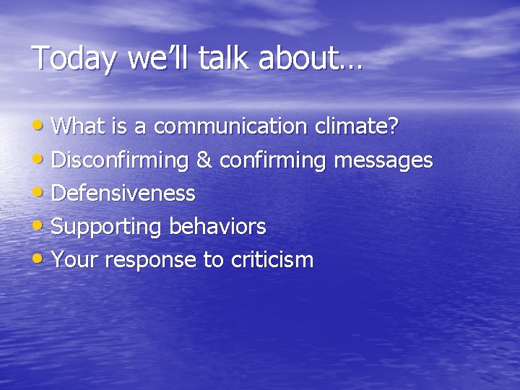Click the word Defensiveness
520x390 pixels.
(x=123, y=194)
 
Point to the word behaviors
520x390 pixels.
(x=217, y=227)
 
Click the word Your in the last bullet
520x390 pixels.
(x=76, y=260)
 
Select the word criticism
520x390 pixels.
(x=272, y=260)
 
